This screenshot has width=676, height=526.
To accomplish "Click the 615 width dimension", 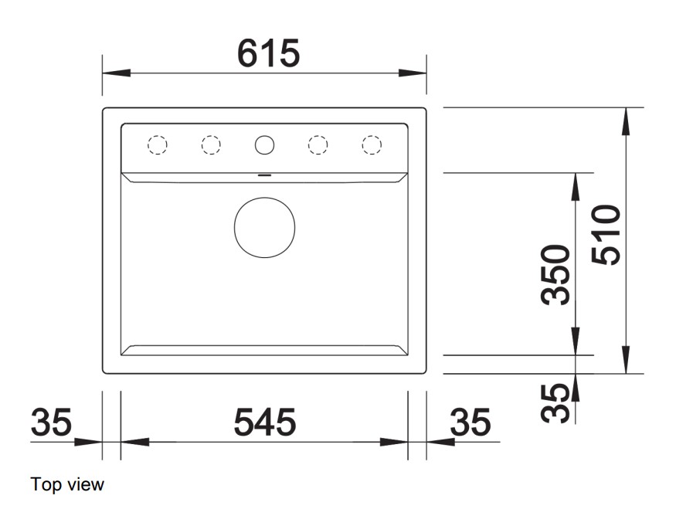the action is click(268, 53).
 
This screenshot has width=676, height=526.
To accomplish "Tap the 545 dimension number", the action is click(265, 422).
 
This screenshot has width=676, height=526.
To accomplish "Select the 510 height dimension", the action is click(606, 235).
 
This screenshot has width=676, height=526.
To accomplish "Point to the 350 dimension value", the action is click(555, 275).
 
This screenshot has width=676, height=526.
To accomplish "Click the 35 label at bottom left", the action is click(51, 422).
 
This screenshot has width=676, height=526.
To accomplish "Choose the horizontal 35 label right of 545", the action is click(470, 422).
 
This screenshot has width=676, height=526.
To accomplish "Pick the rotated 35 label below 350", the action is click(555, 403).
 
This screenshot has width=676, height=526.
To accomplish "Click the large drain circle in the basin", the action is click(265, 228).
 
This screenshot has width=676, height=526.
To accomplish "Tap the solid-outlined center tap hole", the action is click(264, 145).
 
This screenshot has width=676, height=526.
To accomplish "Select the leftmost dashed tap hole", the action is click(158, 145).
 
